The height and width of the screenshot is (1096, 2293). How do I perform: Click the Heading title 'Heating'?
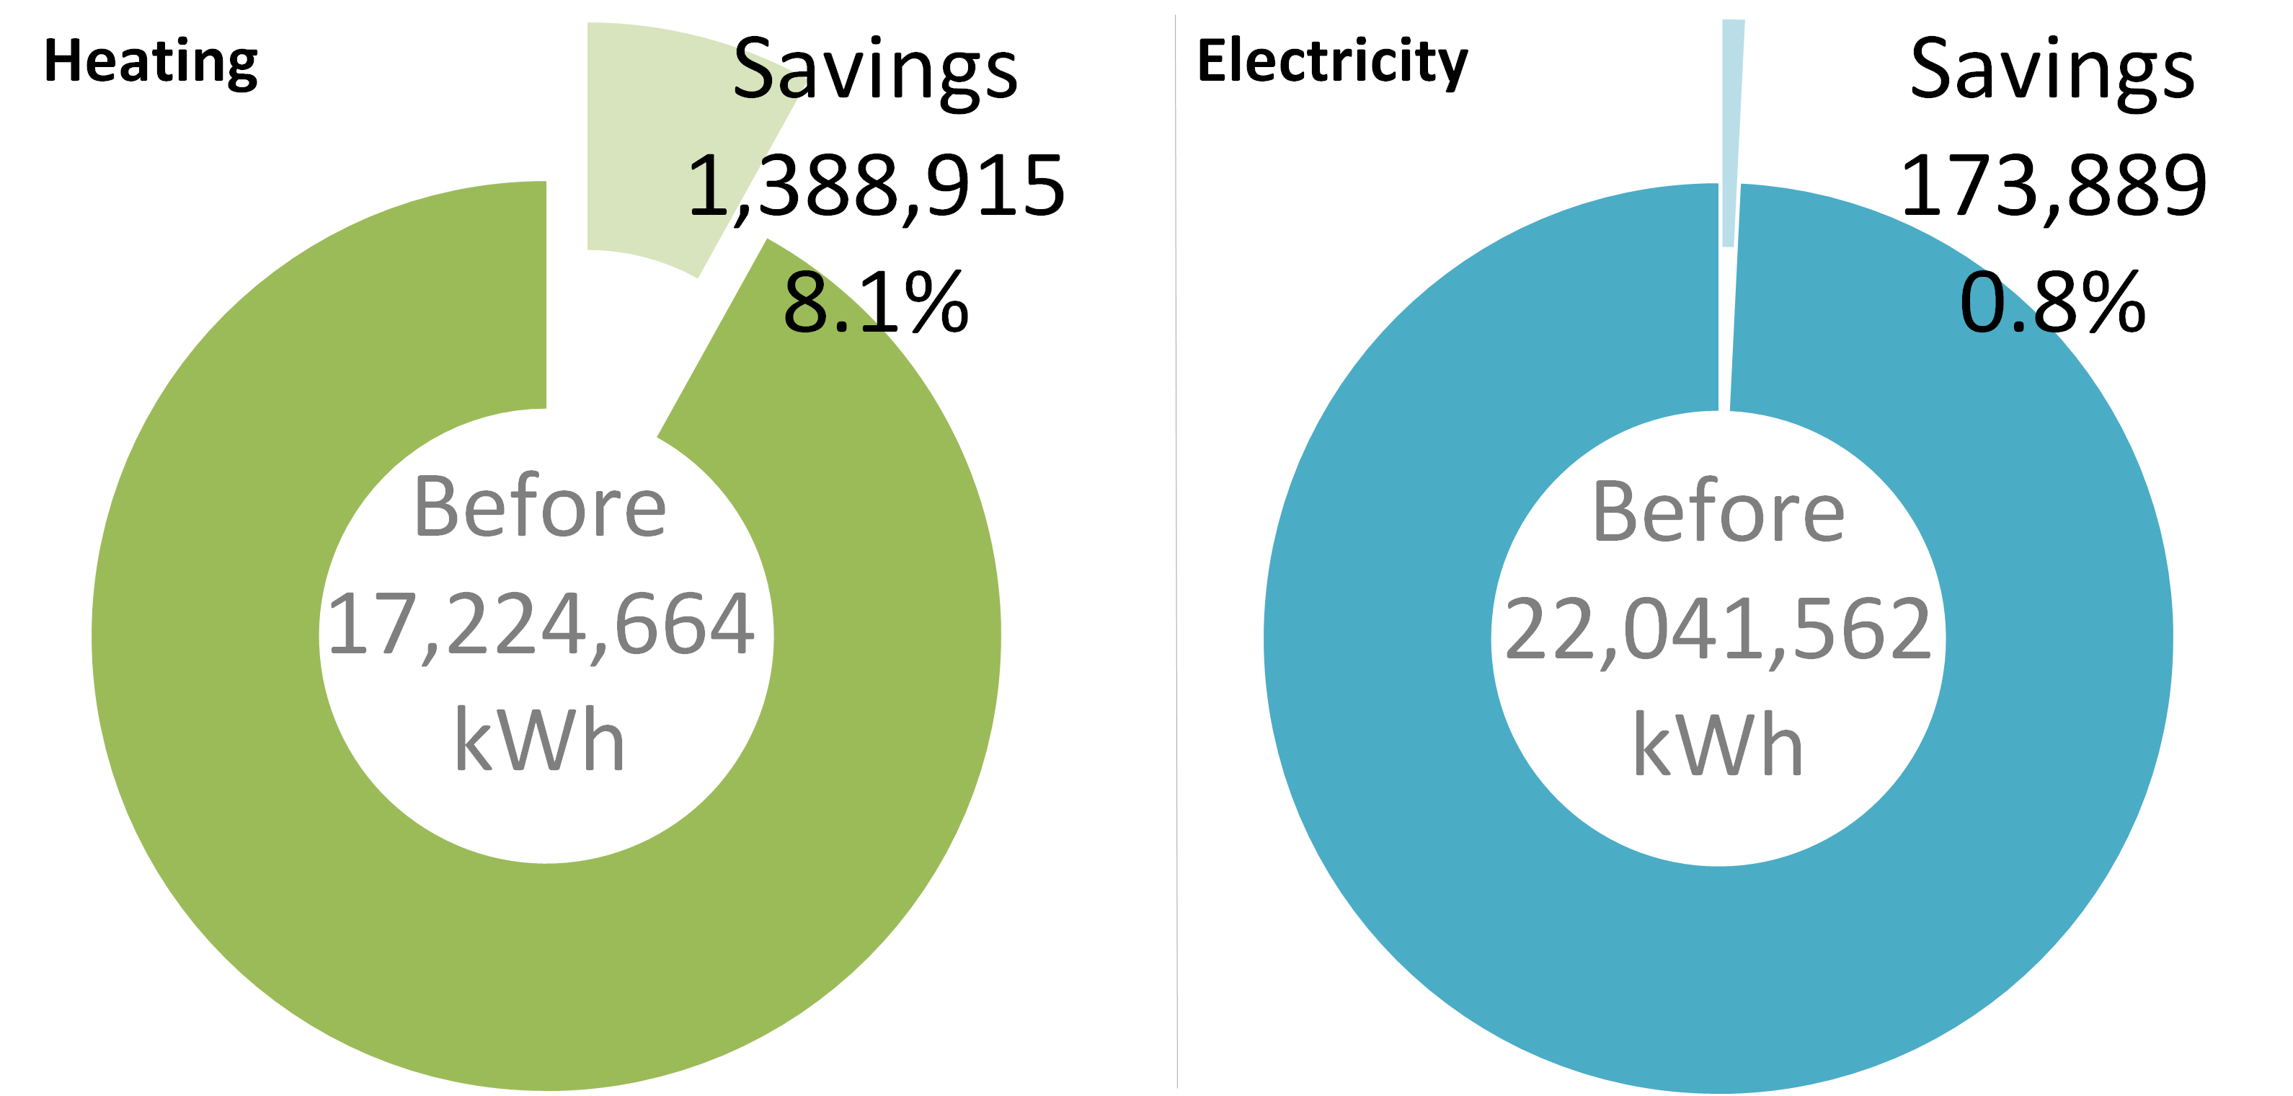pyautogui.click(x=151, y=61)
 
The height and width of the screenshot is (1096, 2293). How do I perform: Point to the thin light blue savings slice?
pyautogui.click(x=1731, y=133)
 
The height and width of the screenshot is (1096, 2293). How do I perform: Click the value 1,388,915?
pyautogui.click(x=876, y=186)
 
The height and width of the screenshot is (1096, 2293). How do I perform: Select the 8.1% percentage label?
pyautogui.click(x=876, y=303)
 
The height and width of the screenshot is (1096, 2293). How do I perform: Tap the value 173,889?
pyautogui.click(x=2053, y=186)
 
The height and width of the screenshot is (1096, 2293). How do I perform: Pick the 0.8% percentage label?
pyautogui.click(x=2053, y=303)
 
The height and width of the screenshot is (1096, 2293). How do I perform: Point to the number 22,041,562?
pyautogui.click(x=1718, y=630)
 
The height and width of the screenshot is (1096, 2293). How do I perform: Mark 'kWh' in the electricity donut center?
pyautogui.click(x=1718, y=746)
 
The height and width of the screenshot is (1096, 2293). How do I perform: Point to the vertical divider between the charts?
pyautogui.click(x=1176, y=552)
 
